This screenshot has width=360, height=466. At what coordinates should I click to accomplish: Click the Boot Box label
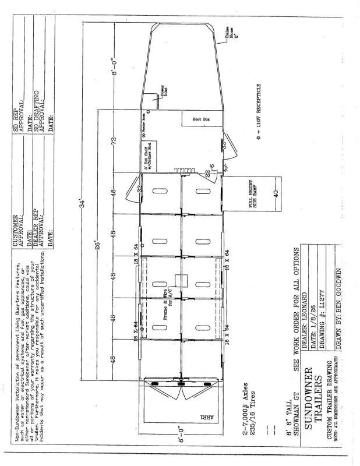(201, 119)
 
